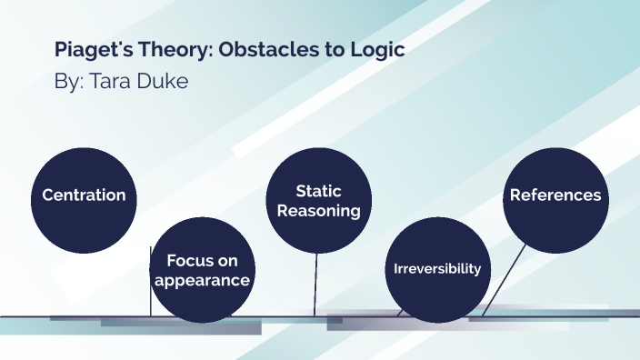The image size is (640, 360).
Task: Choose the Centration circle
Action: click(84, 195)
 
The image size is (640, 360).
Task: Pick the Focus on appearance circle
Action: click(202, 270)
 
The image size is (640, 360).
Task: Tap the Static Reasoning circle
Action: click(318, 200)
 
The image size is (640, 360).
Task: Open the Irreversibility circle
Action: click(437, 270)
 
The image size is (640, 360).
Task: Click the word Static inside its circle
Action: click(318, 191)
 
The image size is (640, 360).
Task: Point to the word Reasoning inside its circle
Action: click(318, 211)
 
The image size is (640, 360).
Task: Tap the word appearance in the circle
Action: click(202, 280)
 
